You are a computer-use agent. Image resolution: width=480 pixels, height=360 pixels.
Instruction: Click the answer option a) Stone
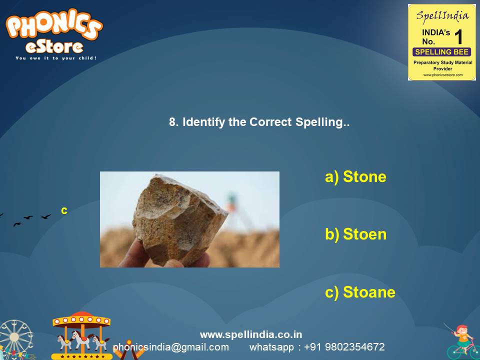tap(355, 177)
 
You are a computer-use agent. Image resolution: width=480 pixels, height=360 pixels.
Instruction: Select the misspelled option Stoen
tap(355, 234)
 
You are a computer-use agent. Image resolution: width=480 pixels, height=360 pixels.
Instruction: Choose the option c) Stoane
tap(360, 292)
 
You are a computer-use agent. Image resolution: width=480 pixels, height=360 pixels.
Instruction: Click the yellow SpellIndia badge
tap(441, 42)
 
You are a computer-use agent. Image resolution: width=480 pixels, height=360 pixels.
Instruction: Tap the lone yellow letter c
tap(64, 210)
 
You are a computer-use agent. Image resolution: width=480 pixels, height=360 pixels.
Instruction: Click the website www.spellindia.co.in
tap(251, 334)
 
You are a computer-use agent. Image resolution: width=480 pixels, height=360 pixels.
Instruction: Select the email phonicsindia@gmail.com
tap(170, 347)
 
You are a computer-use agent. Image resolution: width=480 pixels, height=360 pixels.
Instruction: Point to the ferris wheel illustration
tap(15, 340)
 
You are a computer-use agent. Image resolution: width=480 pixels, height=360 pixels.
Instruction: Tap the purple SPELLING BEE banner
tap(441, 52)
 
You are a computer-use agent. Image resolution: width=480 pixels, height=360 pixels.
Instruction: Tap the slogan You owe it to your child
tap(55, 58)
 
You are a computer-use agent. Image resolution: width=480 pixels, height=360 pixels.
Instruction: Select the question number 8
tap(173, 122)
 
